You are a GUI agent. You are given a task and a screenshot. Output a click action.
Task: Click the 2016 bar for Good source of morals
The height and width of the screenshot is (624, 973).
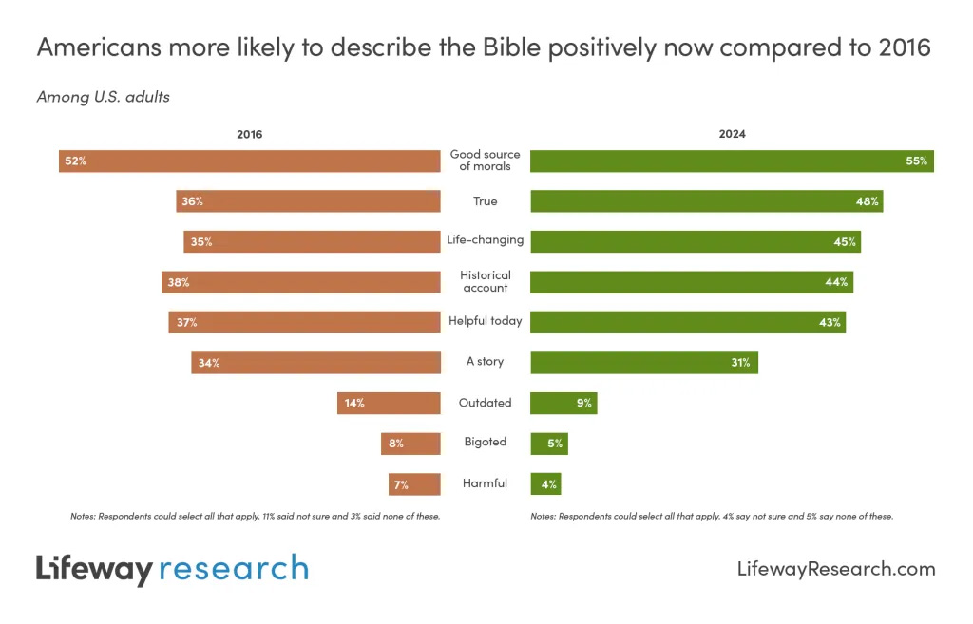pyautogui.click(x=249, y=161)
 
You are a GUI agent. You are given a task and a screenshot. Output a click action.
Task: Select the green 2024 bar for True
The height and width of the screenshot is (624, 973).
pyautogui.click(x=706, y=201)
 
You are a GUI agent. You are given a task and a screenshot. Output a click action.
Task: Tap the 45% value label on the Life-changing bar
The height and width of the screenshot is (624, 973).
pyautogui.click(x=845, y=241)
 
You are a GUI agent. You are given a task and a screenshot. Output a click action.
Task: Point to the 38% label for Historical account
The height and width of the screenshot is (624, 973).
pyautogui.click(x=178, y=282)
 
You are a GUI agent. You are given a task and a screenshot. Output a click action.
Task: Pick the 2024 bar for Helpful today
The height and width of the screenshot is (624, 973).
pyautogui.click(x=687, y=322)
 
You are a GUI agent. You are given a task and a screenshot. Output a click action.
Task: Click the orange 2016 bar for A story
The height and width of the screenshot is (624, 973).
pyautogui.click(x=315, y=362)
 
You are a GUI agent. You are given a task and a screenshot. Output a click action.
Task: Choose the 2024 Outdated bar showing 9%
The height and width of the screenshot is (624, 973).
pyautogui.click(x=563, y=403)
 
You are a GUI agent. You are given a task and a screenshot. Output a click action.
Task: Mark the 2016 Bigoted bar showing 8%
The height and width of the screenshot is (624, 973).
pyautogui.click(x=410, y=443)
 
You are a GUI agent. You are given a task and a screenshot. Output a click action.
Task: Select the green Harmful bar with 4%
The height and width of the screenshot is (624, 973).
pyautogui.click(x=544, y=483)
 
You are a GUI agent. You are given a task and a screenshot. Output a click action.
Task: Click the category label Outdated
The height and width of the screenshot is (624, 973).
pyautogui.click(x=485, y=403)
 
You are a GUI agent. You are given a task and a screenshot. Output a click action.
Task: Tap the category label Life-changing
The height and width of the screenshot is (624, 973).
pyautogui.click(x=485, y=239)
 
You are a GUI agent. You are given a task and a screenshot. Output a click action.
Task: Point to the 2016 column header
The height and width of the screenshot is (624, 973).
pyautogui.click(x=249, y=134)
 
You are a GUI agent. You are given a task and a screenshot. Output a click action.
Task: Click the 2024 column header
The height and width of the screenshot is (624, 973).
pyautogui.click(x=732, y=134)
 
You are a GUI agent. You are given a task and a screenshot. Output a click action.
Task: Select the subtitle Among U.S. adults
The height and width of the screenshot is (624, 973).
pyautogui.click(x=103, y=96)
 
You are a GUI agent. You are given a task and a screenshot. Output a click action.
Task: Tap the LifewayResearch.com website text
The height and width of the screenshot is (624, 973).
pyautogui.click(x=835, y=569)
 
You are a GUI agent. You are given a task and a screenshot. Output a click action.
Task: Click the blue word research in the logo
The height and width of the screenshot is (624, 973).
pyautogui.click(x=234, y=568)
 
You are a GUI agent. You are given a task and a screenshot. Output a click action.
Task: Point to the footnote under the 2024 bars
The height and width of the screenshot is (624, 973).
pyautogui.click(x=711, y=517)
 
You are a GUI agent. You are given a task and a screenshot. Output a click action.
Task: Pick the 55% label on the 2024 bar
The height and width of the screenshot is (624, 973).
pyautogui.click(x=916, y=161)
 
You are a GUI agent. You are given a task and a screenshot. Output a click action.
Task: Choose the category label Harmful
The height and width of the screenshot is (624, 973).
pyautogui.click(x=485, y=483)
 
